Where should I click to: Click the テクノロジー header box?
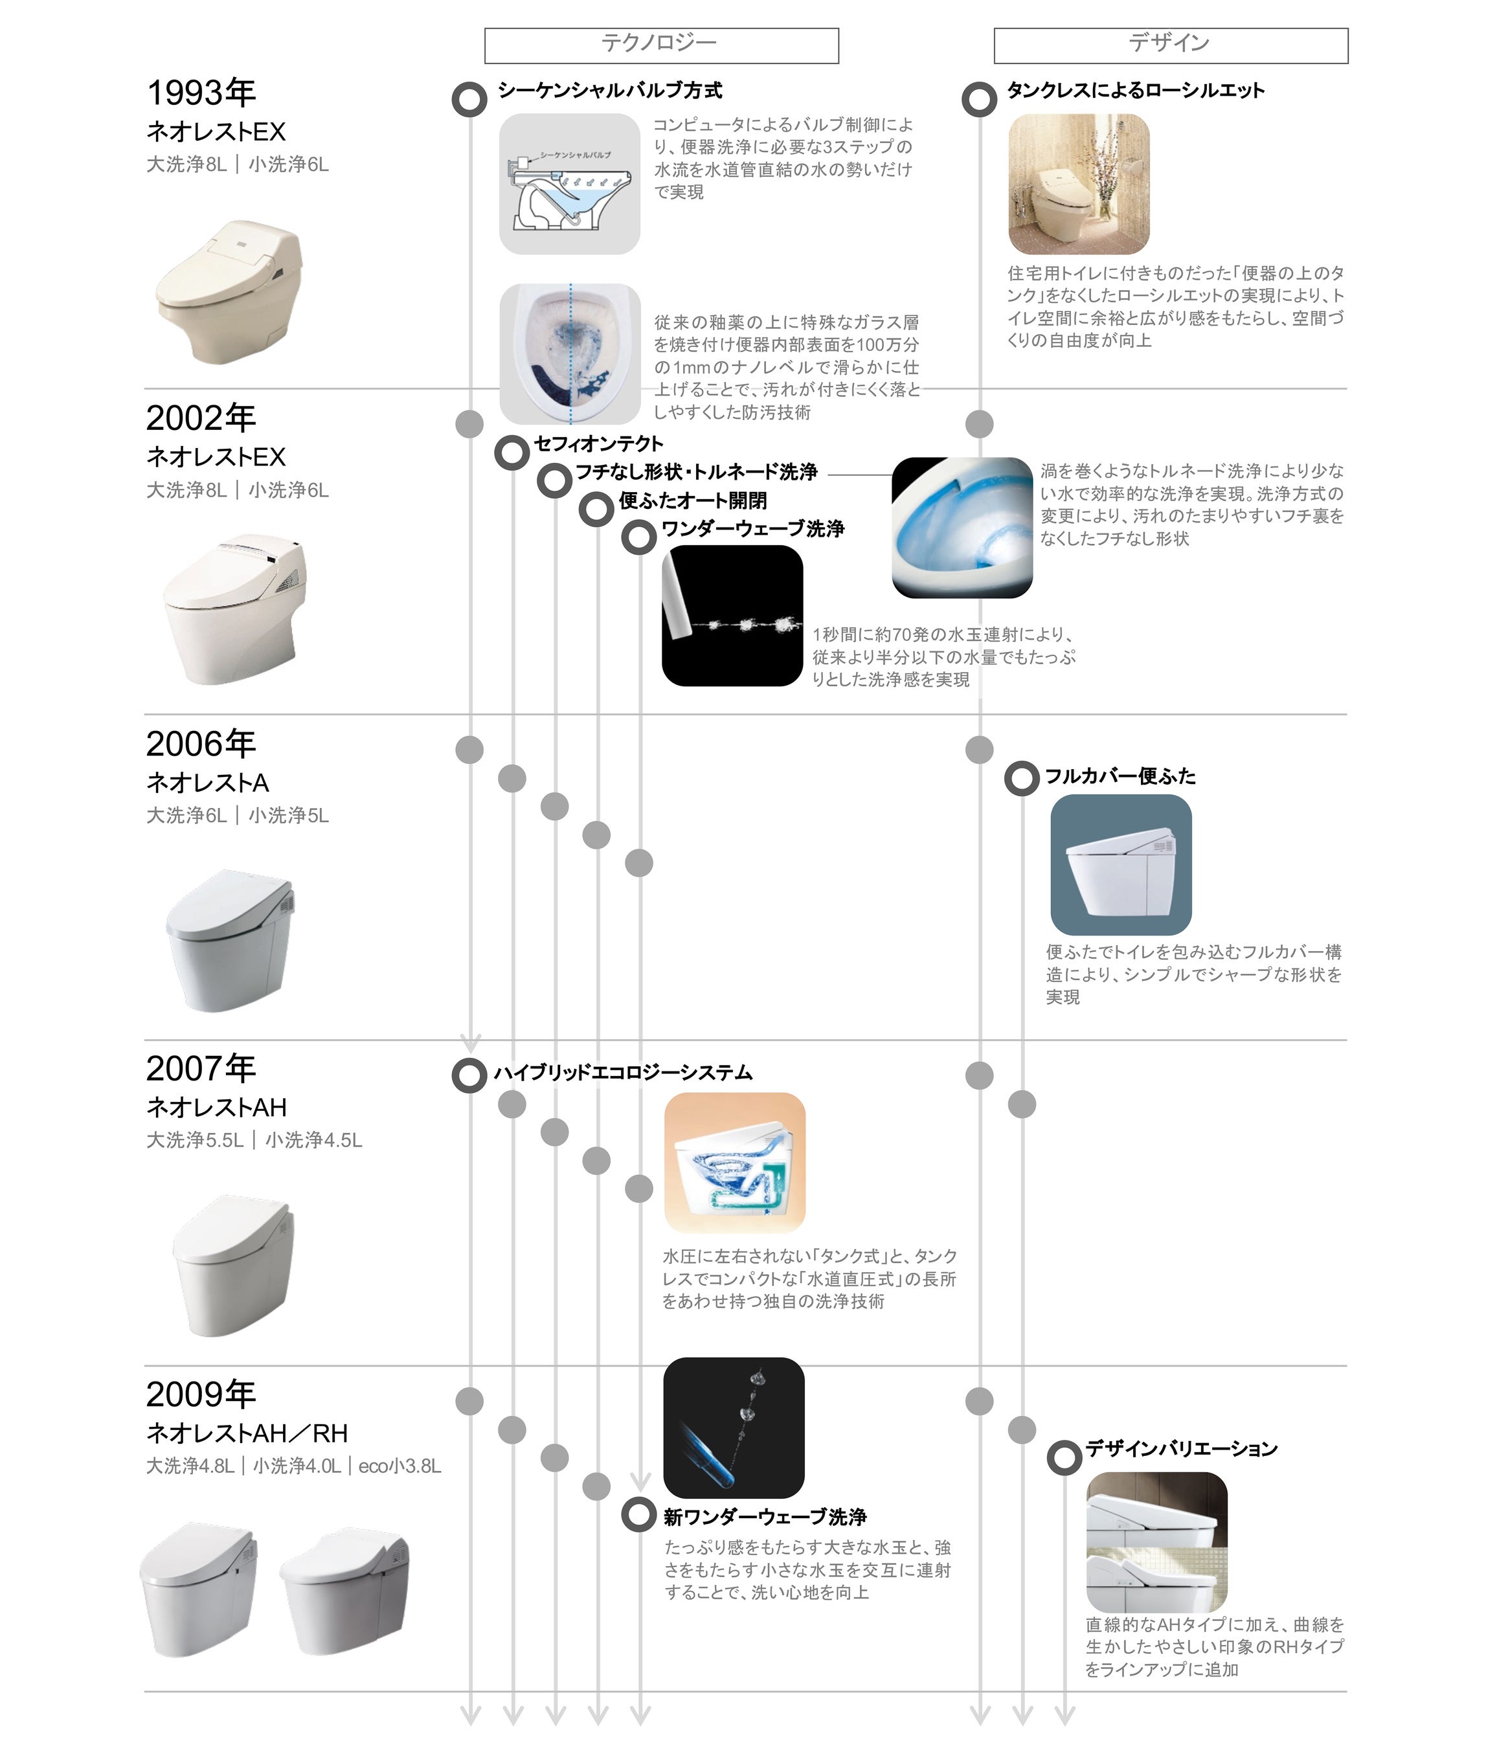pyautogui.click(x=661, y=45)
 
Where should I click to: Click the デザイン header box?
pyautogui.click(x=1170, y=45)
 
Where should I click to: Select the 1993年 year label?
pyautogui.click(x=201, y=93)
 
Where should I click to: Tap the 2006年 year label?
pyautogui.click(x=201, y=744)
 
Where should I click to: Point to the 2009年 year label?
pyautogui.click(x=201, y=1394)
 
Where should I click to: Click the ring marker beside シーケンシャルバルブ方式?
pyautogui.click(x=469, y=98)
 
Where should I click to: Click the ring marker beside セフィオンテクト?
pyautogui.click(x=512, y=453)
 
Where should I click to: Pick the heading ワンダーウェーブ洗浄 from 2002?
pyautogui.click(x=752, y=529)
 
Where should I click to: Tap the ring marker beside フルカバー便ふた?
pyautogui.click(x=1021, y=778)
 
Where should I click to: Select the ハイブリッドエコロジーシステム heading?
pyautogui.click(x=622, y=1072)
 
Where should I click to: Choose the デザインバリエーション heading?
pyautogui.click(x=1181, y=1449)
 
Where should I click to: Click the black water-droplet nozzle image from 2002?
pyautogui.click(x=732, y=615)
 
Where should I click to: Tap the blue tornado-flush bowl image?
pyautogui.click(x=962, y=528)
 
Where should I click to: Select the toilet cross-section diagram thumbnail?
pyautogui.click(x=569, y=184)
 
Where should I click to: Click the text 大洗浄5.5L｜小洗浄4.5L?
pyautogui.click(x=254, y=1140)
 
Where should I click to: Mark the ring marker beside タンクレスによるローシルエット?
pyautogui.click(x=979, y=98)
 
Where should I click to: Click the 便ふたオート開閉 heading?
pyautogui.click(x=692, y=501)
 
